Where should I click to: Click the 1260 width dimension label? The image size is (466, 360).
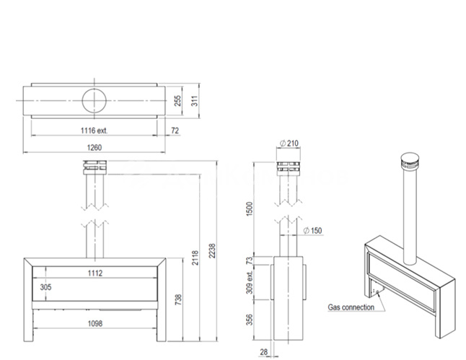coord(94,147)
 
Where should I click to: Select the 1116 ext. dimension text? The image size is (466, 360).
coord(94,130)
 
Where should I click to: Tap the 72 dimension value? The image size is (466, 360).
coord(175,131)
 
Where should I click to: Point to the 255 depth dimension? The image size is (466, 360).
coord(177,101)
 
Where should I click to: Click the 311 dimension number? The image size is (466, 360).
coord(194,101)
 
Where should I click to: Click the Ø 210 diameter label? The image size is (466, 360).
coord(289,144)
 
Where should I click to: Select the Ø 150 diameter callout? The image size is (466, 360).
coord(312,230)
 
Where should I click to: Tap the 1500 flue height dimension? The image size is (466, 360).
coord(250,209)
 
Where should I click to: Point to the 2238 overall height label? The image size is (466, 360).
coord(212,250)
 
